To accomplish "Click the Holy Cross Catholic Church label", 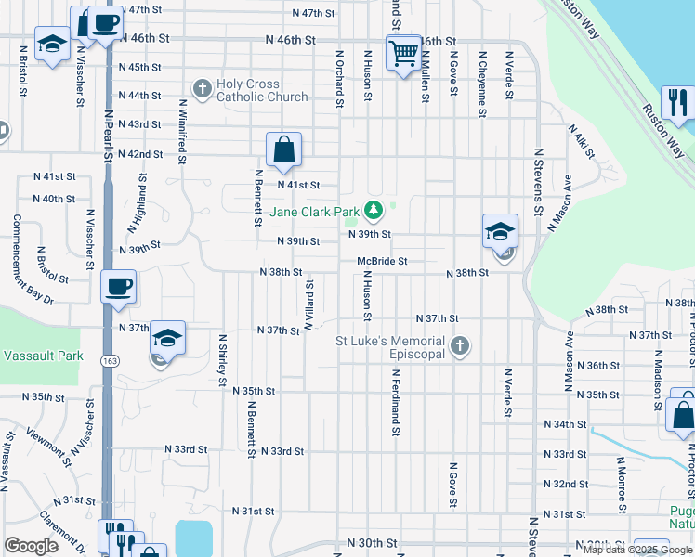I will (248, 90).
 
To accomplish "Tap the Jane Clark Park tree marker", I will (373, 211).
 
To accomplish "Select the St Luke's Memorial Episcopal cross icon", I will (459, 348).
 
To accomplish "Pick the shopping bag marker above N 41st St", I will (283, 149).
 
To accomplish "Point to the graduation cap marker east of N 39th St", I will (500, 231).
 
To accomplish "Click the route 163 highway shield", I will (110, 359).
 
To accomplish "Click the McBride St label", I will (383, 262).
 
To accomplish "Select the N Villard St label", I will (308, 304).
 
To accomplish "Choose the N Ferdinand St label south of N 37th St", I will (396, 401).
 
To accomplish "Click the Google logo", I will (31, 545).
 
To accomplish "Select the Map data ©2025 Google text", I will (637, 550).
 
